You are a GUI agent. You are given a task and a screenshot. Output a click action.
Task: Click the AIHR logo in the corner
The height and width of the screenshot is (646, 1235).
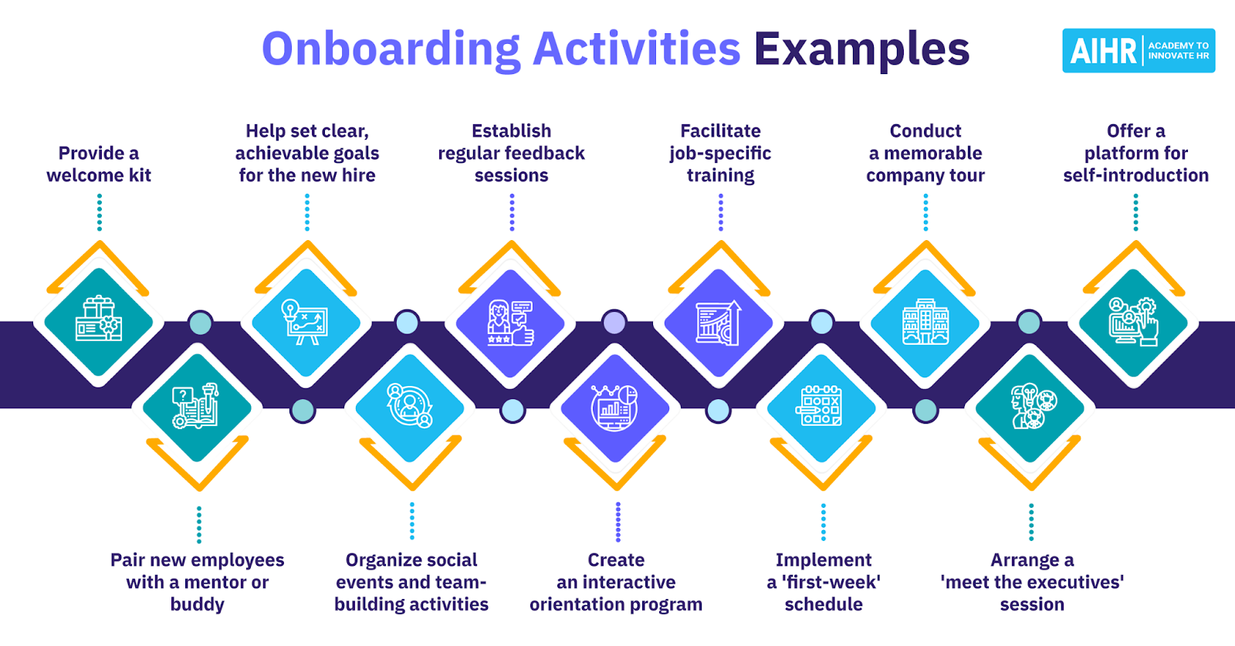point(1138,51)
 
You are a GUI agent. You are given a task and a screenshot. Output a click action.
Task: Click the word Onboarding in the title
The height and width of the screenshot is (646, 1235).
point(391,49)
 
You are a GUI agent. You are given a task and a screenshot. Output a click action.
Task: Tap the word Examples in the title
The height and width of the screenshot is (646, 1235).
point(861,49)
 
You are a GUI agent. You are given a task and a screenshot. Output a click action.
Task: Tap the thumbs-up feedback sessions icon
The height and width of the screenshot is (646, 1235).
point(511,323)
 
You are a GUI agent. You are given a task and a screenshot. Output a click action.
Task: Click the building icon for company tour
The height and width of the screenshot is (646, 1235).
point(925,323)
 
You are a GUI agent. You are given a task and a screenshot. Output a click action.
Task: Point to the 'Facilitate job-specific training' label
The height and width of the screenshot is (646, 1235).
point(720,154)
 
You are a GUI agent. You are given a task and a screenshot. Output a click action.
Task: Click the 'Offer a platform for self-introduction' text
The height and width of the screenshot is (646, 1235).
point(1135,154)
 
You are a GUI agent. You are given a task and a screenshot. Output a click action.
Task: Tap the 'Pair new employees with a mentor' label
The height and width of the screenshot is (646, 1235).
point(198,582)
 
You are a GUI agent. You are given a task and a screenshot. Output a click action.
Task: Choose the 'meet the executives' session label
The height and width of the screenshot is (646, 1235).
point(1032,582)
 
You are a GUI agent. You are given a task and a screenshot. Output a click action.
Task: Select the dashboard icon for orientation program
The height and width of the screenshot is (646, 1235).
point(615,408)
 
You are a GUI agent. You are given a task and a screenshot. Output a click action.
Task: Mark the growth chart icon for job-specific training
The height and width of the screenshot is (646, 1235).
point(719,323)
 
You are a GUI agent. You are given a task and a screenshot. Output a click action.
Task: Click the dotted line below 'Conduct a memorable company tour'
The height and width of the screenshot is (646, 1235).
point(925,212)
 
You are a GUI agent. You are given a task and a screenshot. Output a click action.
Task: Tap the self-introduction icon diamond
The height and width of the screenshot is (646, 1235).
point(1133,323)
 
